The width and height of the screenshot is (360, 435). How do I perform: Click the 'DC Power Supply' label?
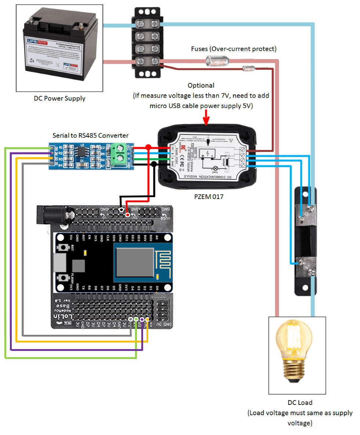coord(59,98)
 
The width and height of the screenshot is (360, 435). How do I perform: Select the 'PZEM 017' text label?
coord(208,197)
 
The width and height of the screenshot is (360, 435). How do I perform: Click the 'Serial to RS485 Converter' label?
coord(91,135)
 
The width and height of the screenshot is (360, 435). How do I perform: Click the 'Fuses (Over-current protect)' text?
coord(234,49)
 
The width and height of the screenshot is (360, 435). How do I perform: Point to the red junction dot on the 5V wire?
coord(148,148)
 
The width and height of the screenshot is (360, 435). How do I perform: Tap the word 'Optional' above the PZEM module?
coord(201,85)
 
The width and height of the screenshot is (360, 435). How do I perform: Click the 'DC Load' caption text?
coord(300,402)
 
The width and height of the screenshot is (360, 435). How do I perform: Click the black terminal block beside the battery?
coord(146,43)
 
